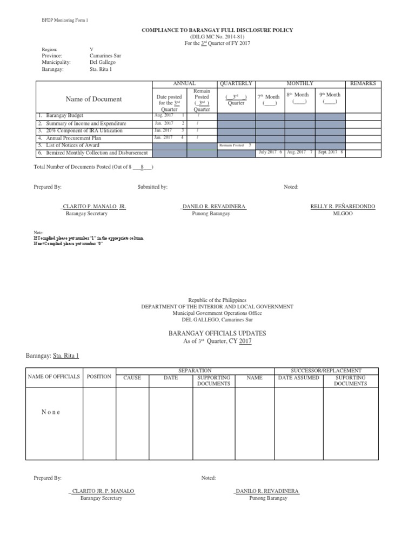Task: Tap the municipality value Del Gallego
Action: [x=103, y=62]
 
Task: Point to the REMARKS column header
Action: [x=363, y=84]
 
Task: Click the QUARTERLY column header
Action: [x=236, y=84]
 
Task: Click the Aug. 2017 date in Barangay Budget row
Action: [x=163, y=116]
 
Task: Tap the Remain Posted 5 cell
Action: [x=236, y=146]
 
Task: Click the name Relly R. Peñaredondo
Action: [x=343, y=207]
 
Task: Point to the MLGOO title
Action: [x=343, y=214]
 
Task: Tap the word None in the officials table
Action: [x=51, y=412]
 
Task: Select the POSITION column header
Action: [x=99, y=377]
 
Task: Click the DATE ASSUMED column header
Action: [x=298, y=378]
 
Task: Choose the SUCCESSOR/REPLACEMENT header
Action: [x=326, y=371]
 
